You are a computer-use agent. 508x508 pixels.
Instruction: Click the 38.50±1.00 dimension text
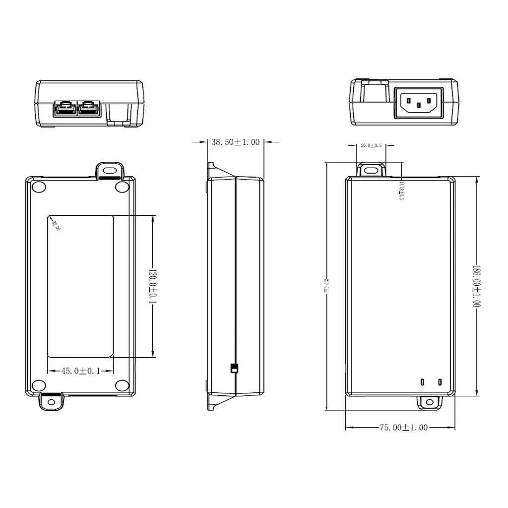[x=235, y=142]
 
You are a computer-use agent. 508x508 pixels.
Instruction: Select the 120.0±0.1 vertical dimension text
[x=153, y=286]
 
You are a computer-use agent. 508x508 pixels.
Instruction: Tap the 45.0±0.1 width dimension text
[x=80, y=371]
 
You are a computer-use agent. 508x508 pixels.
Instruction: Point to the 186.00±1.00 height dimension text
[x=476, y=286]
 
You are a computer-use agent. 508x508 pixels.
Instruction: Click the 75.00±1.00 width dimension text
[x=403, y=427]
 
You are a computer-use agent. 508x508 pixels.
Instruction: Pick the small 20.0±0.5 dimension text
[x=371, y=145]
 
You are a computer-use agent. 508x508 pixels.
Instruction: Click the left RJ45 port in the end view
[x=65, y=109]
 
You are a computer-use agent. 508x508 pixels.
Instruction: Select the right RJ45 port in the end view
[x=90, y=109]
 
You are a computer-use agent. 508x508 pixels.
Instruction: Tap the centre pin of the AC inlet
[x=419, y=105]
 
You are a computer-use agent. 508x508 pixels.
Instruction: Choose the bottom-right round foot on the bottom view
[x=122, y=386]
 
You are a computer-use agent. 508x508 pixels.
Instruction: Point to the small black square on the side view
[x=234, y=369]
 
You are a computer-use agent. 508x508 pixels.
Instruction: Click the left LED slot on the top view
[x=423, y=382]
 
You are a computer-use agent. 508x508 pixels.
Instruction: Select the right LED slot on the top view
[x=440, y=382]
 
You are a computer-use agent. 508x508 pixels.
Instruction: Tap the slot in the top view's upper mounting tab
[x=371, y=170]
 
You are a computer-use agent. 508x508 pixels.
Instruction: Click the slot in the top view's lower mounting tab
[x=429, y=403]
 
